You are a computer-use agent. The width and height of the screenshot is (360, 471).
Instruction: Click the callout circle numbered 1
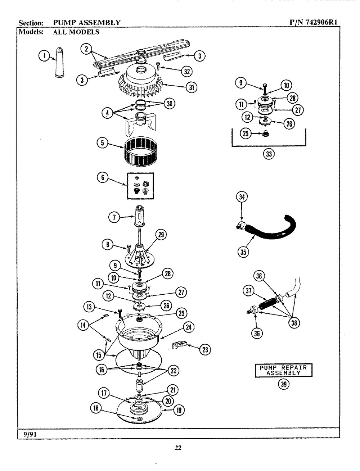click(44, 55)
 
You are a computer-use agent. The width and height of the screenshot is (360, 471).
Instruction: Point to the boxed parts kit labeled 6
click(140, 186)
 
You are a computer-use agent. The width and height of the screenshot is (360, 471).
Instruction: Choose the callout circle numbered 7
click(114, 216)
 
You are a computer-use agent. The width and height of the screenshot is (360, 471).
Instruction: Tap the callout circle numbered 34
click(242, 196)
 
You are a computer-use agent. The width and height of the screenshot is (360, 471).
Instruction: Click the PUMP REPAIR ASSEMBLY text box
click(283, 370)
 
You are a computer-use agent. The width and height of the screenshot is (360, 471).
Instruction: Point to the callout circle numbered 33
click(269, 154)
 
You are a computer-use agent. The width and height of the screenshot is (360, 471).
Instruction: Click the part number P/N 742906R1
click(313, 23)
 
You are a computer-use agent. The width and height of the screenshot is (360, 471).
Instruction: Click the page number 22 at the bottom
click(178, 448)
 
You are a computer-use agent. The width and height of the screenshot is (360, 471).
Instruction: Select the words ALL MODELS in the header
click(76, 32)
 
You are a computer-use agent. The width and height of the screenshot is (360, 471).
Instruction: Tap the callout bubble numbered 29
click(160, 235)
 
